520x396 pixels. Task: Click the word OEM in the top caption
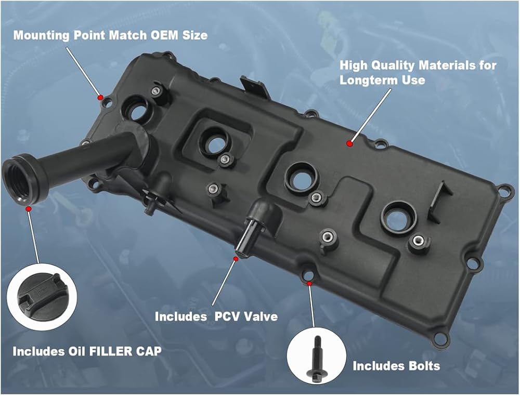164,35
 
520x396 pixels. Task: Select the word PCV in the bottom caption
227,316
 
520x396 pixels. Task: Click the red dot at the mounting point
99,97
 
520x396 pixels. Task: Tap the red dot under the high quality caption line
349,143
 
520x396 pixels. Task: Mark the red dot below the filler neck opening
29,208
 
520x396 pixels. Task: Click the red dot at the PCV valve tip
236,258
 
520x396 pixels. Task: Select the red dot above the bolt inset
309,284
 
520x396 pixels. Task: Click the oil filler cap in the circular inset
42,297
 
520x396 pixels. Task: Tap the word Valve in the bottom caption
261,316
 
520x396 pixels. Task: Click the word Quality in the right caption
393,65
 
